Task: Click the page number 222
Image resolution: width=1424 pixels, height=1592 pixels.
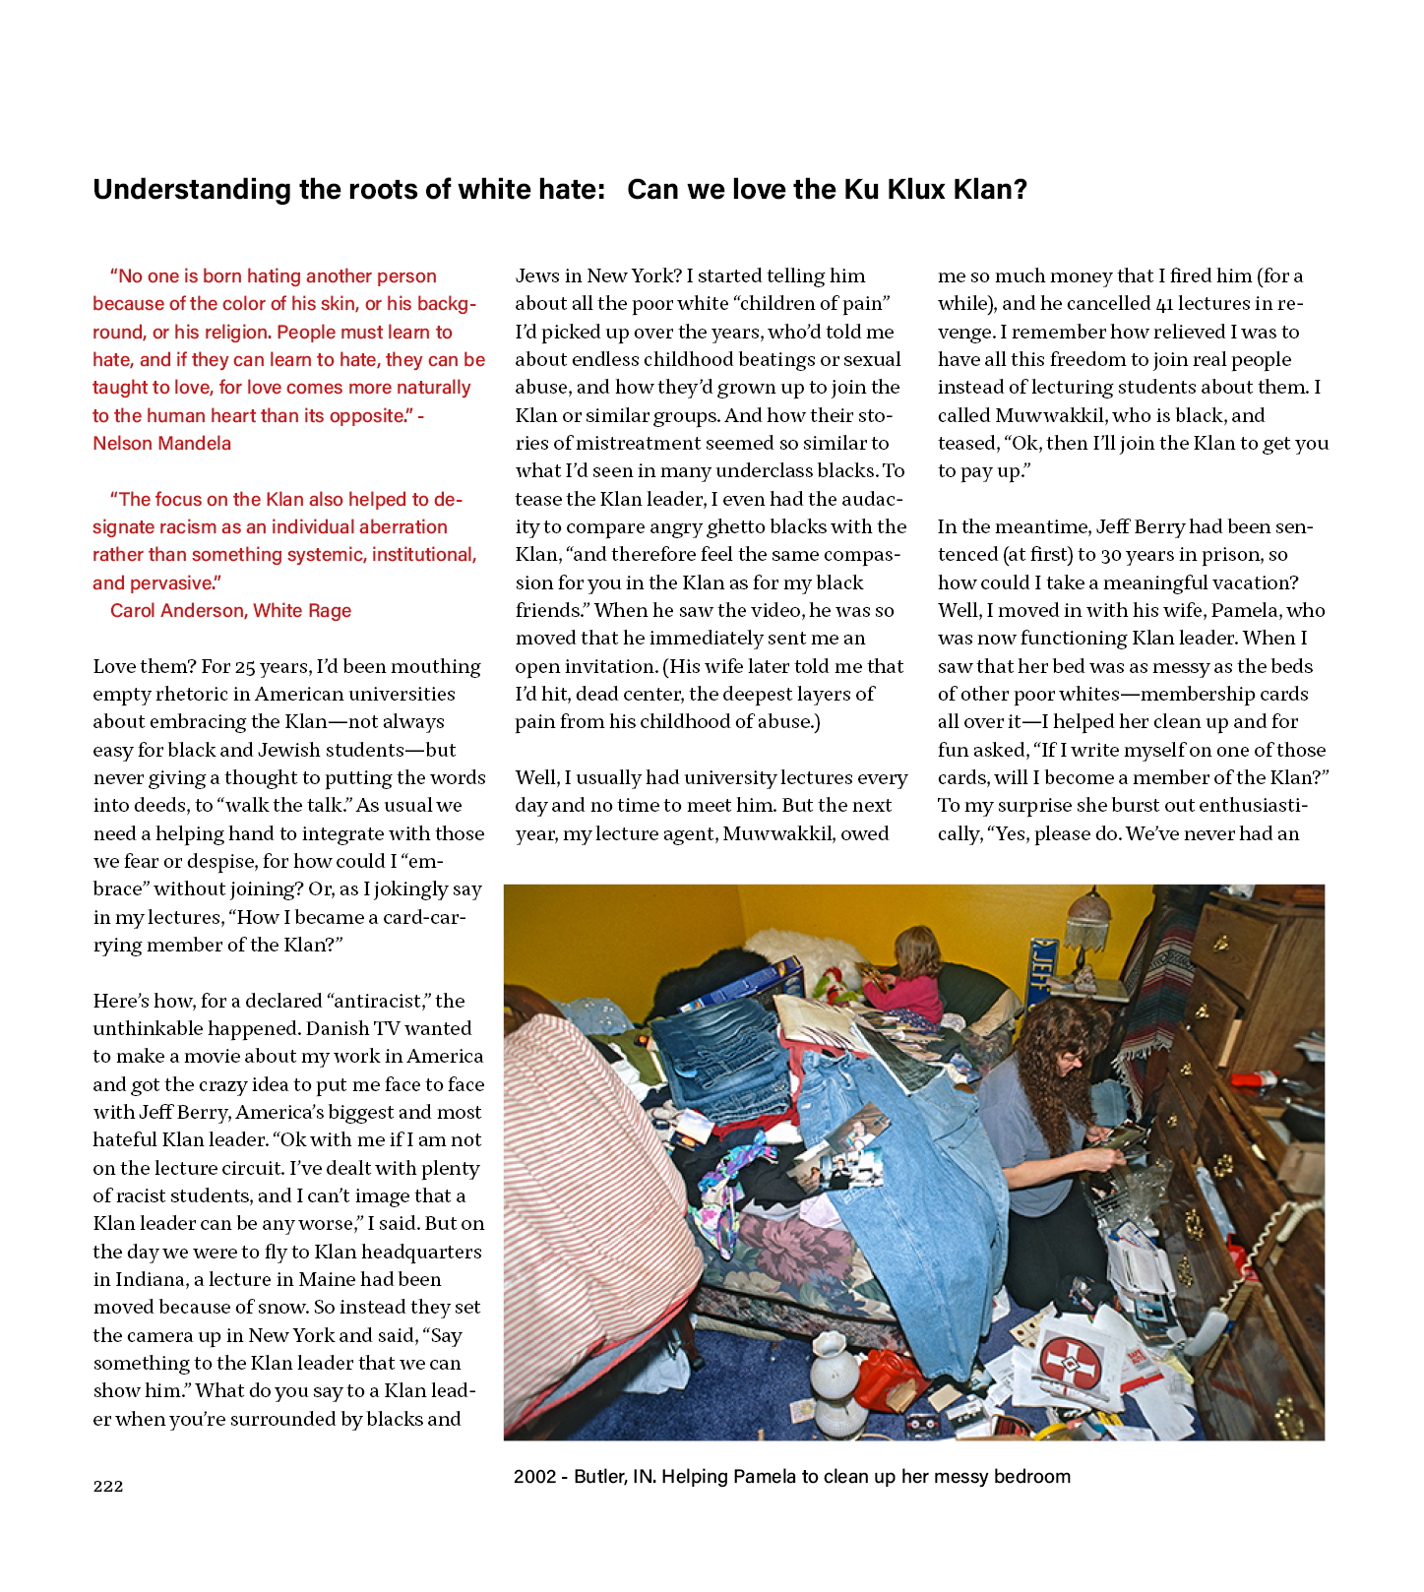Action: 108,1486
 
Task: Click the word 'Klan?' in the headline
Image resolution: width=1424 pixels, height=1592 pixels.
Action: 989,189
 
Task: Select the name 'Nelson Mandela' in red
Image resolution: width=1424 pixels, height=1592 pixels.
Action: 162,444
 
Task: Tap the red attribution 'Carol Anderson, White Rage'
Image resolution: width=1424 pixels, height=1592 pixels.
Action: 230,611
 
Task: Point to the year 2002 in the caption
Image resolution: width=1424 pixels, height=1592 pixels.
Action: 534,1477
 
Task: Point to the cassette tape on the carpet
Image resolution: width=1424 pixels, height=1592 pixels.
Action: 920,1422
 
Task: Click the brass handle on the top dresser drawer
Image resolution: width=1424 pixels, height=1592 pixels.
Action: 1221,944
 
